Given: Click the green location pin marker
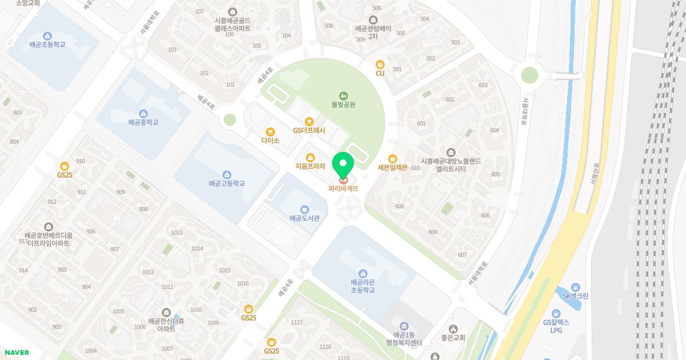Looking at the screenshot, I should pos(343,166).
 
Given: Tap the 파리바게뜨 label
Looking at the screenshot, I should pos(343,189).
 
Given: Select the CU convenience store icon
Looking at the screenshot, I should pos(380,64).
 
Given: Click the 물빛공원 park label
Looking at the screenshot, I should pos(344,105).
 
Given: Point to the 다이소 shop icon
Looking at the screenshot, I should pos(270,131).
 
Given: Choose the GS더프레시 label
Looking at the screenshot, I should pos(309,130).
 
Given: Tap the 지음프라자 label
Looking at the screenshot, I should pos(310,167).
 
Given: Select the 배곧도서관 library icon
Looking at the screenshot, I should pos(305,209).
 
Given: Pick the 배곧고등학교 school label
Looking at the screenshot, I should pos(227,183).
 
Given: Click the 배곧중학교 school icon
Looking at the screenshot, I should pos(143,113).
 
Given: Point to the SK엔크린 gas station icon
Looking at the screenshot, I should pos(575,287).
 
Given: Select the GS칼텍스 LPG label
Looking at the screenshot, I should pos(556,326).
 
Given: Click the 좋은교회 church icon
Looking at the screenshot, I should pos(453,329).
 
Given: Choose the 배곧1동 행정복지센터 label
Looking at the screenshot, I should pos(404,339).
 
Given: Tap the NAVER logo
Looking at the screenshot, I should pos(17,353).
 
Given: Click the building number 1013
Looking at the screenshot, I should pos(177,233).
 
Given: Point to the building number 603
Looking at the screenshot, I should pos(483,85).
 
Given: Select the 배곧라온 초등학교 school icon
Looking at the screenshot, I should pos(362,273).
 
